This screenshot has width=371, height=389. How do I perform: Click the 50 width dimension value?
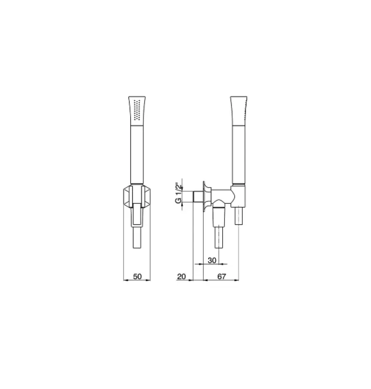tap(137, 276)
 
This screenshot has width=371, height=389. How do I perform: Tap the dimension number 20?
tap(182, 276)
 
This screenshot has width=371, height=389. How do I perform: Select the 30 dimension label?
tap(212, 261)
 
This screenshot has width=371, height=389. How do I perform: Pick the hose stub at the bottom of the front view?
tap(137, 238)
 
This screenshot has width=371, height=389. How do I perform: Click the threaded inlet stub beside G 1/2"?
tap(197, 196)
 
